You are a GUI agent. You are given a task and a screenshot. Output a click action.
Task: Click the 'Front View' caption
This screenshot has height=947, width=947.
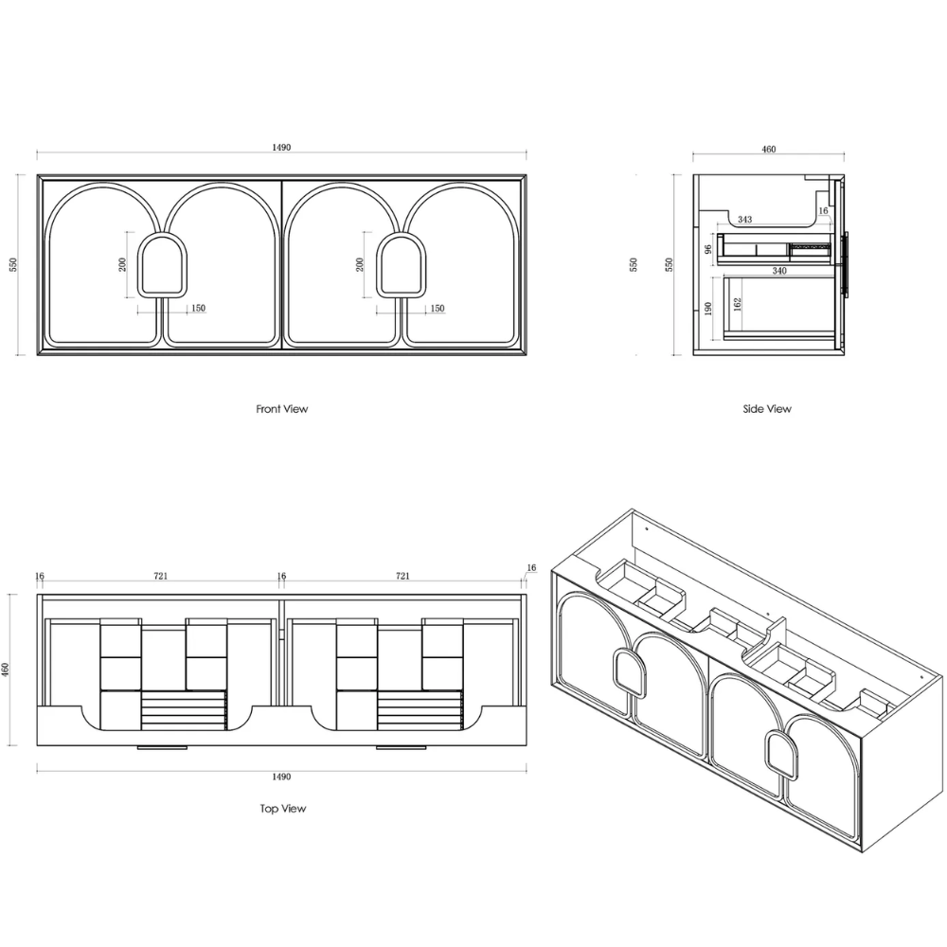[x=281, y=409]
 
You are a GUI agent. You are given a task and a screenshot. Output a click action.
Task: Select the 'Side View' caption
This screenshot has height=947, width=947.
[x=767, y=409]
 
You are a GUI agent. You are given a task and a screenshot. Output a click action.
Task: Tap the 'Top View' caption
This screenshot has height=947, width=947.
[x=282, y=809]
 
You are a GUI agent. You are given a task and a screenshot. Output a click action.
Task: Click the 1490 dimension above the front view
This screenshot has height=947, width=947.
[x=281, y=148]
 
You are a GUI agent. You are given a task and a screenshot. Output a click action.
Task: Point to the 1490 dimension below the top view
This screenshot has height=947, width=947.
[x=281, y=777]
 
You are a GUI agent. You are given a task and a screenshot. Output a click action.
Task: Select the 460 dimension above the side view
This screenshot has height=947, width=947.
[x=768, y=150]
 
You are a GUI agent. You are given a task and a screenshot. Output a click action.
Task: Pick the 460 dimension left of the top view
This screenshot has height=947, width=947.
[x=6, y=670]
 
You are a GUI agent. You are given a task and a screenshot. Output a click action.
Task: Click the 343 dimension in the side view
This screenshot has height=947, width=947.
[x=744, y=220]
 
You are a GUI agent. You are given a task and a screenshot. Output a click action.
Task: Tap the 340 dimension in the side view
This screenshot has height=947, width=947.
[x=779, y=271]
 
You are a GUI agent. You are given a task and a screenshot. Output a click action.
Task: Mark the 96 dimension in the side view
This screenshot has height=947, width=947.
[x=708, y=249]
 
